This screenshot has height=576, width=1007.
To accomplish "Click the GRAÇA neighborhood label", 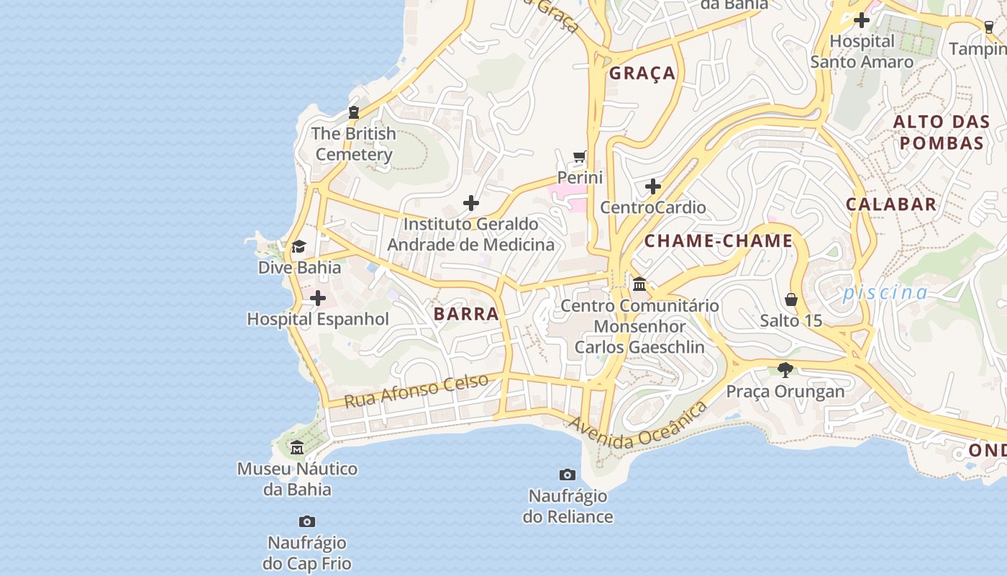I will [x=642, y=73].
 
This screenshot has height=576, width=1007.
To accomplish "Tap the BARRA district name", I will [x=466, y=314].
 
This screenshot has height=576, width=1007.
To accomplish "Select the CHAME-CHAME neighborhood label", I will [x=718, y=241].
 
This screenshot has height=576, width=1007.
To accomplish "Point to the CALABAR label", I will [x=891, y=204].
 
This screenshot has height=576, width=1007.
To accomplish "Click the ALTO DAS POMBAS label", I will [x=941, y=132].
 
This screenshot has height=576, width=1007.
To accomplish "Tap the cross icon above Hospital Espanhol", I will [x=317, y=298].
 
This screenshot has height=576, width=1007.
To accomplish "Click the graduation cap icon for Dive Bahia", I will [x=299, y=246].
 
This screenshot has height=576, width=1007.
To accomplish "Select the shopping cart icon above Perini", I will [x=580, y=156].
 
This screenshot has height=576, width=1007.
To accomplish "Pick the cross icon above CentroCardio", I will [x=652, y=187].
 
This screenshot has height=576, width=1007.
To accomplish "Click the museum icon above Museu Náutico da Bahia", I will [x=297, y=449].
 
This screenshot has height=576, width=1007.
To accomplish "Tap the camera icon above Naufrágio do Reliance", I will [x=568, y=474].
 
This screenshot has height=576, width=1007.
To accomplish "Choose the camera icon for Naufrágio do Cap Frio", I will [x=307, y=521].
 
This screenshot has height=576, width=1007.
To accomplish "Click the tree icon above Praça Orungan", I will [x=785, y=370].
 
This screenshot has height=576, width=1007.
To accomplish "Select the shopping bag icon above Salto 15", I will [x=791, y=300].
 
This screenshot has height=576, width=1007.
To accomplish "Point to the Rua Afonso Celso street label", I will [x=416, y=390].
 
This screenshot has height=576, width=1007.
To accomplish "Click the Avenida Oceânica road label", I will [x=637, y=426].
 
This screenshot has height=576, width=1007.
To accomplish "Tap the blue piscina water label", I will [x=885, y=292].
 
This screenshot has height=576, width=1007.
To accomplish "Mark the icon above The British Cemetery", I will [x=353, y=112].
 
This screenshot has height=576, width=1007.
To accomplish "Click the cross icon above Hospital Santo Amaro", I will [x=861, y=20].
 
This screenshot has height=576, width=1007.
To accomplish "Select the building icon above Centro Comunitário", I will [x=639, y=284].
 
